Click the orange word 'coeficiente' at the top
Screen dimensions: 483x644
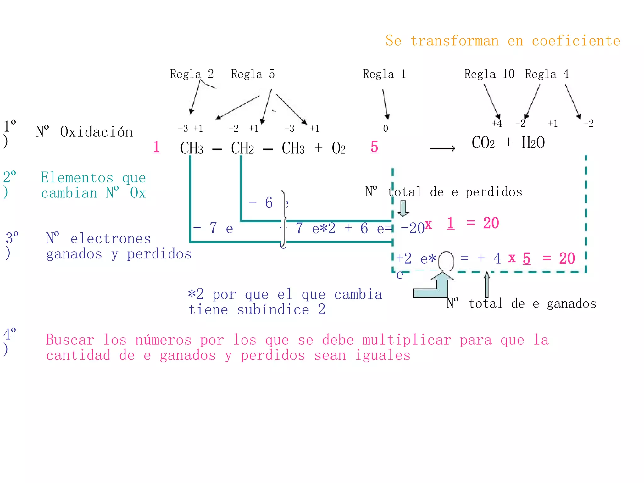(576, 41)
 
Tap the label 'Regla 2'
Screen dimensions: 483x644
(192, 74)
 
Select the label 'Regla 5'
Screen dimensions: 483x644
(253, 74)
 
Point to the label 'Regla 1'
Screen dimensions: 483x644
(384, 74)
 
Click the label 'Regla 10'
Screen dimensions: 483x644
(489, 74)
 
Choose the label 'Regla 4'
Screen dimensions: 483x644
(547, 74)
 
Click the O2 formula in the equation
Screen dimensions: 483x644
(339, 148)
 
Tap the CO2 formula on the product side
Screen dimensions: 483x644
(483, 143)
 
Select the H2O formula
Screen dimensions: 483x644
(533, 143)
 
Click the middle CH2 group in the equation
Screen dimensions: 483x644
(242, 148)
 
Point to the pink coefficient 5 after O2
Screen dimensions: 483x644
(374, 147)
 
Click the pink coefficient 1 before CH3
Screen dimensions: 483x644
(156, 147)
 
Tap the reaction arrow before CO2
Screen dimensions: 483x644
(442, 148)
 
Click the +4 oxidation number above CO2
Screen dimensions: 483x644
(497, 124)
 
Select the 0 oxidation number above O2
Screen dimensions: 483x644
(386, 128)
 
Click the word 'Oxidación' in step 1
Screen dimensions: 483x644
(96, 132)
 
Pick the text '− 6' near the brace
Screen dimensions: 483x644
(261, 203)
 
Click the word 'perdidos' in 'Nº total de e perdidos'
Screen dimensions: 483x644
(494, 192)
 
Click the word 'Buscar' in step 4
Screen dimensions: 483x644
(70, 340)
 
